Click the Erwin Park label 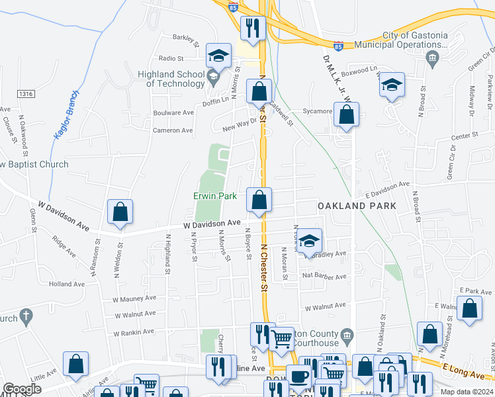pos(214,196)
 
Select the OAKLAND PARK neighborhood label pos(357,206)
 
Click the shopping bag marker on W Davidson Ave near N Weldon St pos(120,212)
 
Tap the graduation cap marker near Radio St pos(218,56)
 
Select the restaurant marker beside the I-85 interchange pos(252,28)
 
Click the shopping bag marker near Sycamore pos(346,115)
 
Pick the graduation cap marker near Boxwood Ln pos(392,85)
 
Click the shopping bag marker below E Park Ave pos(469,310)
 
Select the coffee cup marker pos(298,377)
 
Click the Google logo pos(21,389)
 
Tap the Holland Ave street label pos(67,284)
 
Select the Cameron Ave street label pos(173,130)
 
